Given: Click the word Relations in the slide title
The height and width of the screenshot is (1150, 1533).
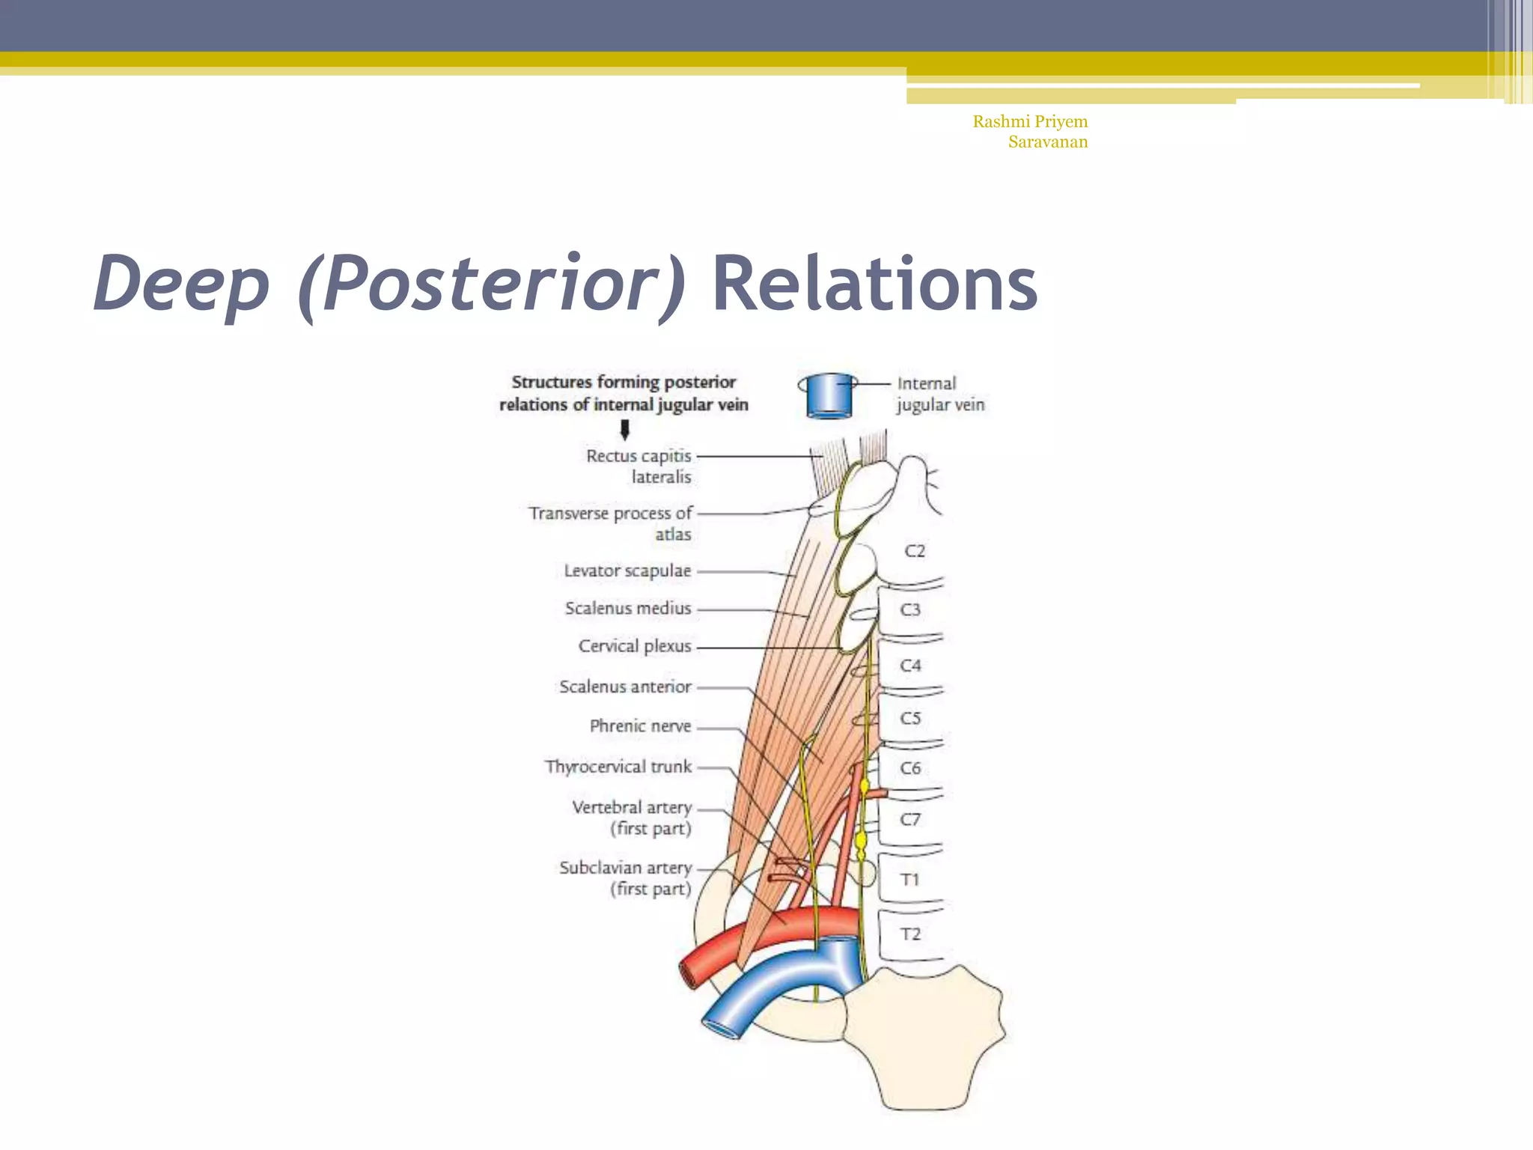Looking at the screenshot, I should [874, 284].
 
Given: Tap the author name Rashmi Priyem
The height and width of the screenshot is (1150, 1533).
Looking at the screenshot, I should [1030, 121].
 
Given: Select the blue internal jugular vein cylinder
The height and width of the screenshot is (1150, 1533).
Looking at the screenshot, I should [829, 395].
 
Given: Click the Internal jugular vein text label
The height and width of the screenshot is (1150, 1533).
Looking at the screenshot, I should [940, 394].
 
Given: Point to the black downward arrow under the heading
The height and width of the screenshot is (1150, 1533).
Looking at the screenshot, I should [625, 430].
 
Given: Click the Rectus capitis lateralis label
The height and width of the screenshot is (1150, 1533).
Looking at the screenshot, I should [639, 466].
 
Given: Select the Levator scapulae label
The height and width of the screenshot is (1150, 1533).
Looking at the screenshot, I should [627, 571].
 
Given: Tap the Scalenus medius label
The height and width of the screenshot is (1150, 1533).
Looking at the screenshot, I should [628, 608].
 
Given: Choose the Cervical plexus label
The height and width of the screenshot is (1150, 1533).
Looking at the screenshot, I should [635, 645].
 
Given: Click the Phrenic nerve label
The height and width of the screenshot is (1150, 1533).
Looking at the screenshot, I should [640, 725].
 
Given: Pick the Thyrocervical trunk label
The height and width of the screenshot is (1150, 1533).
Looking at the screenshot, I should [618, 767].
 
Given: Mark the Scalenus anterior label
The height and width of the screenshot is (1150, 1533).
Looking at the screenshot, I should [625, 687].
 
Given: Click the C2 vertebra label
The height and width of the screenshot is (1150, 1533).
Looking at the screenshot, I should [915, 551].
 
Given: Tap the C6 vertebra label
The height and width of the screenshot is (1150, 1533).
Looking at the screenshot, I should [910, 768].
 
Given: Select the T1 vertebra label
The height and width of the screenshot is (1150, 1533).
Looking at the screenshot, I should [910, 879].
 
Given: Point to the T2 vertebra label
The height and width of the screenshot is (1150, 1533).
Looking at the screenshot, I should [910, 934].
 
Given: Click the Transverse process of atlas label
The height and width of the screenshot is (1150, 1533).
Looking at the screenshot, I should [610, 523].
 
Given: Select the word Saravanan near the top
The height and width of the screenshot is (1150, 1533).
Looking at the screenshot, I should [1047, 142].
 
